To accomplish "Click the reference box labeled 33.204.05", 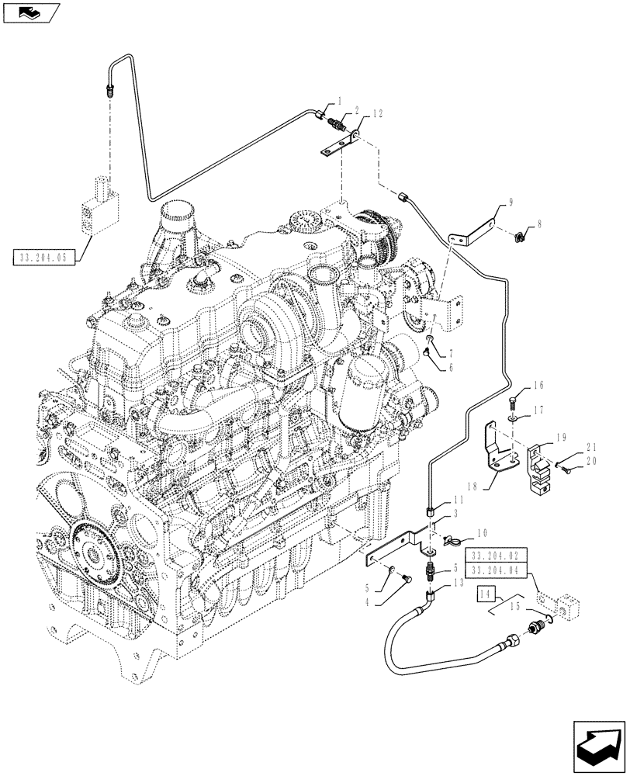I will (43, 256).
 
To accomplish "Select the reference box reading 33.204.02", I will (497, 556).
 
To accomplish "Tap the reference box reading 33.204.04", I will (497, 570).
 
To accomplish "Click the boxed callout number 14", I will (486, 594).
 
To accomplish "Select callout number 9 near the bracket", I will (511, 203).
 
